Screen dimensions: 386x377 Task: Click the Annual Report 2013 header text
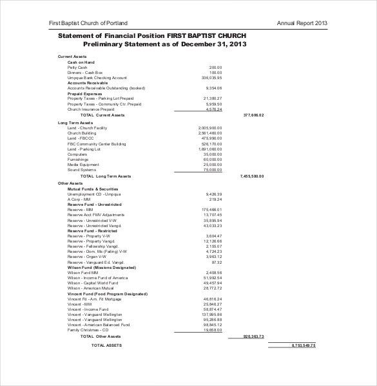coord(302,23)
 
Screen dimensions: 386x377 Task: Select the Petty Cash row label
coord(77,67)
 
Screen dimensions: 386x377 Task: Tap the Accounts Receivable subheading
coord(88,83)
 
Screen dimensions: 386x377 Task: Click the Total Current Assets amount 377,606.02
coord(253,115)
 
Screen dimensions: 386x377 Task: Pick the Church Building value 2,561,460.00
coord(210,133)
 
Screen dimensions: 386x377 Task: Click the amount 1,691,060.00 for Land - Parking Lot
coord(210,149)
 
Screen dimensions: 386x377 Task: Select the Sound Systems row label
coord(81,170)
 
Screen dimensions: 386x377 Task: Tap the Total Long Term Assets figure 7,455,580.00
coord(252,176)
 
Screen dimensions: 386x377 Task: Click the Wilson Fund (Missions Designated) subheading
coord(101,267)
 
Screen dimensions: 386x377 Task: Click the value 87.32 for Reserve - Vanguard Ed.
coord(217,262)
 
